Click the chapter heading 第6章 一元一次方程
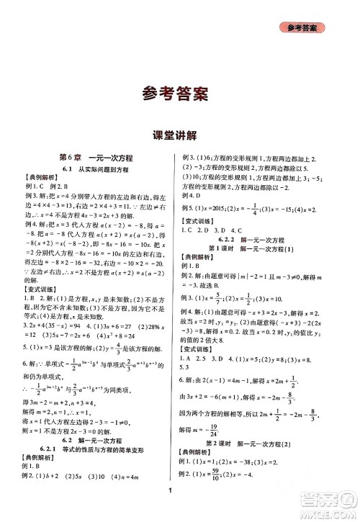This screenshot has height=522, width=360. pos(96,158)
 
